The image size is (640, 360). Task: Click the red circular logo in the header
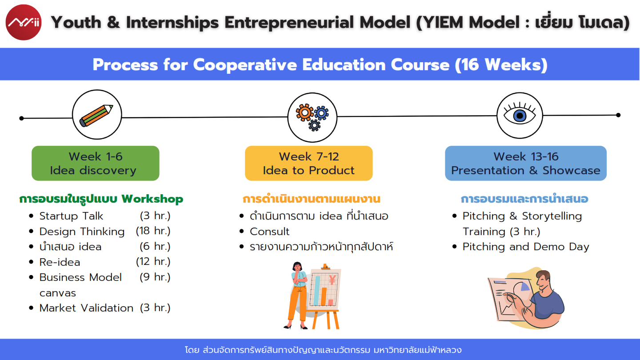click(24, 22)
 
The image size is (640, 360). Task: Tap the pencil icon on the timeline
click(96, 115)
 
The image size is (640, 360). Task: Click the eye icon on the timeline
click(520, 115)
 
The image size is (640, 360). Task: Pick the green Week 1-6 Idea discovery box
click(96, 163)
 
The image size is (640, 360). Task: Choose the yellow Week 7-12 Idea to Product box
click(308, 163)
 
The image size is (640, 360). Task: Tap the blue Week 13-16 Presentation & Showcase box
click(526, 163)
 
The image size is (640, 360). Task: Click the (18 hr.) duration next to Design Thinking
click(153, 231)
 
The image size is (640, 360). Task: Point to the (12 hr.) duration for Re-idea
click(153, 261)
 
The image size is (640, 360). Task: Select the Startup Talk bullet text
click(71, 216)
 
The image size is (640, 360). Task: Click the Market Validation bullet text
click(86, 308)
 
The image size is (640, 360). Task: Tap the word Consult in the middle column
click(269, 232)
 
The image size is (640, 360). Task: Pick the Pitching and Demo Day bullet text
click(526, 247)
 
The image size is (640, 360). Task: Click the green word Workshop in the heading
click(152, 199)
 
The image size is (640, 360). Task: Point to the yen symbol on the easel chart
click(332, 280)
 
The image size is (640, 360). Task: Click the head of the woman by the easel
click(297, 267)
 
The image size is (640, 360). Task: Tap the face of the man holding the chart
click(542, 280)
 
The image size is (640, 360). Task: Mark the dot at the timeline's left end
click(21, 118)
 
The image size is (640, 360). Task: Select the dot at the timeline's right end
click(618, 115)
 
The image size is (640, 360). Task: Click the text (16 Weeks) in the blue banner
click(501, 64)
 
